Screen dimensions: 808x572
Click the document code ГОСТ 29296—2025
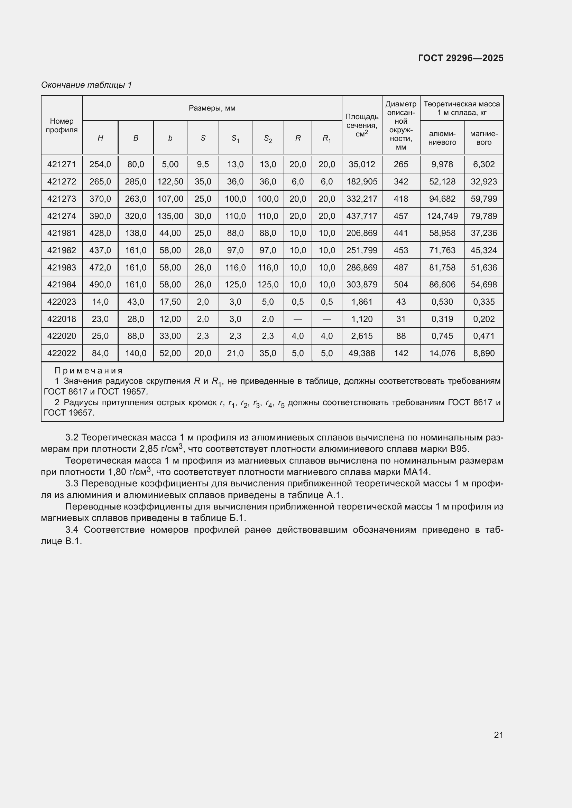[460, 58]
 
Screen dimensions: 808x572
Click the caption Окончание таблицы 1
[86, 85]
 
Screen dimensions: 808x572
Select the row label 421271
[62, 164]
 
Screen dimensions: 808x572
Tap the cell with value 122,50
[170, 182]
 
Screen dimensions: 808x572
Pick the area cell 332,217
[362, 199]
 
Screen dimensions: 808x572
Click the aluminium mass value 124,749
[442, 216]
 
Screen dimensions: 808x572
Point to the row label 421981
[62, 233]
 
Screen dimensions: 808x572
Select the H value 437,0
[100, 250]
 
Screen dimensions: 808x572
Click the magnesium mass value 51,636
[483, 267]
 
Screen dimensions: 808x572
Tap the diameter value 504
[401, 284]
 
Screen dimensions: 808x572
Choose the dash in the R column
[298, 319]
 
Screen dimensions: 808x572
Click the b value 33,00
[170, 336]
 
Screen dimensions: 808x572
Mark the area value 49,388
[362, 353]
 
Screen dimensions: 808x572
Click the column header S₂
[268, 139]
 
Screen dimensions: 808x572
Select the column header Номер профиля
[62, 125]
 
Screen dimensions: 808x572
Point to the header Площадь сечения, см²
[362, 125]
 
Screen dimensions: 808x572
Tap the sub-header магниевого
[483, 138]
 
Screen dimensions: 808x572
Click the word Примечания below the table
[89, 371]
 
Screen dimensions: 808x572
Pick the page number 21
[498, 735]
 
